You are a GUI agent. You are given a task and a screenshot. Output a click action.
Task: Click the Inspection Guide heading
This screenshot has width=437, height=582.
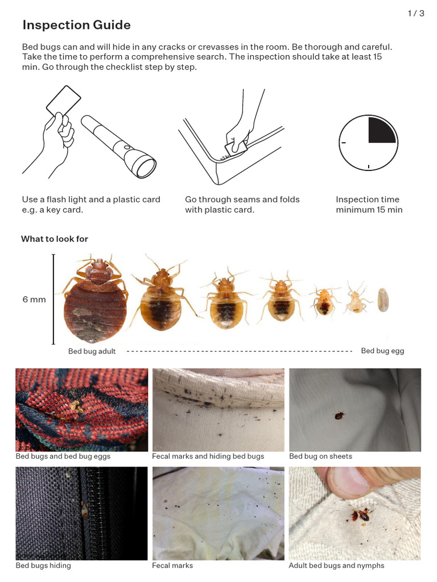[x=76, y=25]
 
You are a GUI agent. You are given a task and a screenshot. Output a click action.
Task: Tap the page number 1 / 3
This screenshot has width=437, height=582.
[x=416, y=14]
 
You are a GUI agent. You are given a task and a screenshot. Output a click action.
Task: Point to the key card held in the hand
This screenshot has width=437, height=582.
[x=64, y=99]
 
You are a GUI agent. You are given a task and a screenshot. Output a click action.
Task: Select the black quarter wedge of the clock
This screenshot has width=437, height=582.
[x=382, y=130]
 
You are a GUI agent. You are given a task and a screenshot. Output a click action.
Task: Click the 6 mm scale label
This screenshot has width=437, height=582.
[x=34, y=300]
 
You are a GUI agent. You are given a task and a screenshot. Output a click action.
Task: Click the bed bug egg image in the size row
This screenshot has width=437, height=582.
[x=384, y=300]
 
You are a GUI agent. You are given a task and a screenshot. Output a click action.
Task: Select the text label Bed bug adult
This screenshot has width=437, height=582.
[x=92, y=351]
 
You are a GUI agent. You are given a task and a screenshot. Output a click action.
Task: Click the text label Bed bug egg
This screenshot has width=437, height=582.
[x=382, y=351]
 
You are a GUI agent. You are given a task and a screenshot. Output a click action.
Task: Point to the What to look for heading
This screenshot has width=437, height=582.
[x=55, y=239]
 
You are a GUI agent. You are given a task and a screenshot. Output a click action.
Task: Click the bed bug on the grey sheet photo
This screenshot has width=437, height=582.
[x=339, y=415]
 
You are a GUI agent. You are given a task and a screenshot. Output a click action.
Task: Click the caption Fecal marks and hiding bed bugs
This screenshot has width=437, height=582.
[x=208, y=456]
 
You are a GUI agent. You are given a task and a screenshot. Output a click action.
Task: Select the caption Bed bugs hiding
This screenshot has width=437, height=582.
[x=43, y=566]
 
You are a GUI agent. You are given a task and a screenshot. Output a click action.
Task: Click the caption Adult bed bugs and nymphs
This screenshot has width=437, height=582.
[x=336, y=566]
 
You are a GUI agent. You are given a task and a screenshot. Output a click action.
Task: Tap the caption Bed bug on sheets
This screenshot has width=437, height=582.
[x=320, y=456]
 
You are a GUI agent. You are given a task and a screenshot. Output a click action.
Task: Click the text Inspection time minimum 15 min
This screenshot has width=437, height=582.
[x=369, y=205]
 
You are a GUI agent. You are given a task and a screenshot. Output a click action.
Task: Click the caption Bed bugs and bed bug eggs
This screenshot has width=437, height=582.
[x=63, y=456]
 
